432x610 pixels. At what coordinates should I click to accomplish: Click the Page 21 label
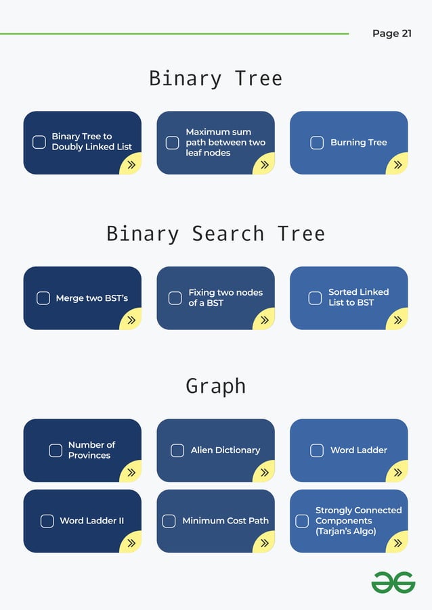pyautogui.click(x=391, y=33)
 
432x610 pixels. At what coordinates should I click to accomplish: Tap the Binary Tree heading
pyautogui.click(x=215, y=78)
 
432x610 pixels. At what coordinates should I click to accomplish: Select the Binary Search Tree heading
pyautogui.click(x=215, y=234)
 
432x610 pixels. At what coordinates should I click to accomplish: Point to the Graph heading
pyautogui.click(x=215, y=386)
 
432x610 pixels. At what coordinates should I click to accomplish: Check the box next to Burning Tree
pyautogui.click(x=317, y=143)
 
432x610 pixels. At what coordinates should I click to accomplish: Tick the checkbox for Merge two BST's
pyautogui.click(x=43, y=298)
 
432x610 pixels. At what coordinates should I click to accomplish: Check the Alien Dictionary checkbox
pyautogui.click(x=177, y=450)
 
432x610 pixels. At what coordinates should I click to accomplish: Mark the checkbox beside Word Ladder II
pyautogui.click(x=47, y=521)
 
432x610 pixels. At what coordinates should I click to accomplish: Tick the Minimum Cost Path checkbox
pyautogui.click(x=169, y=521)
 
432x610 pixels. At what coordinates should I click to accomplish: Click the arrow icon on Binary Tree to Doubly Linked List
pyautogui.click(x=131, y=164)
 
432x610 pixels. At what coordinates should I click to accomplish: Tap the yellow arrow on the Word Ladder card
pyautogui.click(x=397, y=472)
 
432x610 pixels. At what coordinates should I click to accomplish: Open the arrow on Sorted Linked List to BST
pyautogui.click(x=397, y=320)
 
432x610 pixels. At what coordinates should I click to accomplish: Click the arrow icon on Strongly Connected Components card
pyautogui.click(x=397, y=542)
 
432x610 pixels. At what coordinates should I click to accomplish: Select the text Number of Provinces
pyautogui.click(x=91, y=450)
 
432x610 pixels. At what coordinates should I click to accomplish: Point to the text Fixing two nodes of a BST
pyautogui.click(x=225, y=298)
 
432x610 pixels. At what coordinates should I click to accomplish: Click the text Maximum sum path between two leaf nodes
pyautogui.click(x=225, y=143)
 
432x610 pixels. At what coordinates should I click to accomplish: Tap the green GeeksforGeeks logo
pyautogui.click(x=393, y=582)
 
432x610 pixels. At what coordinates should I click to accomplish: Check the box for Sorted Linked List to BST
pyautogui.click(x=315, y=298)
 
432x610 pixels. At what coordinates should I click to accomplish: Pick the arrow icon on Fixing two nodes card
pyautogui.click(x=264, y=320)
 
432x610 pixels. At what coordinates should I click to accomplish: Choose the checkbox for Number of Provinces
pyautogui.click(x=56, y=450)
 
